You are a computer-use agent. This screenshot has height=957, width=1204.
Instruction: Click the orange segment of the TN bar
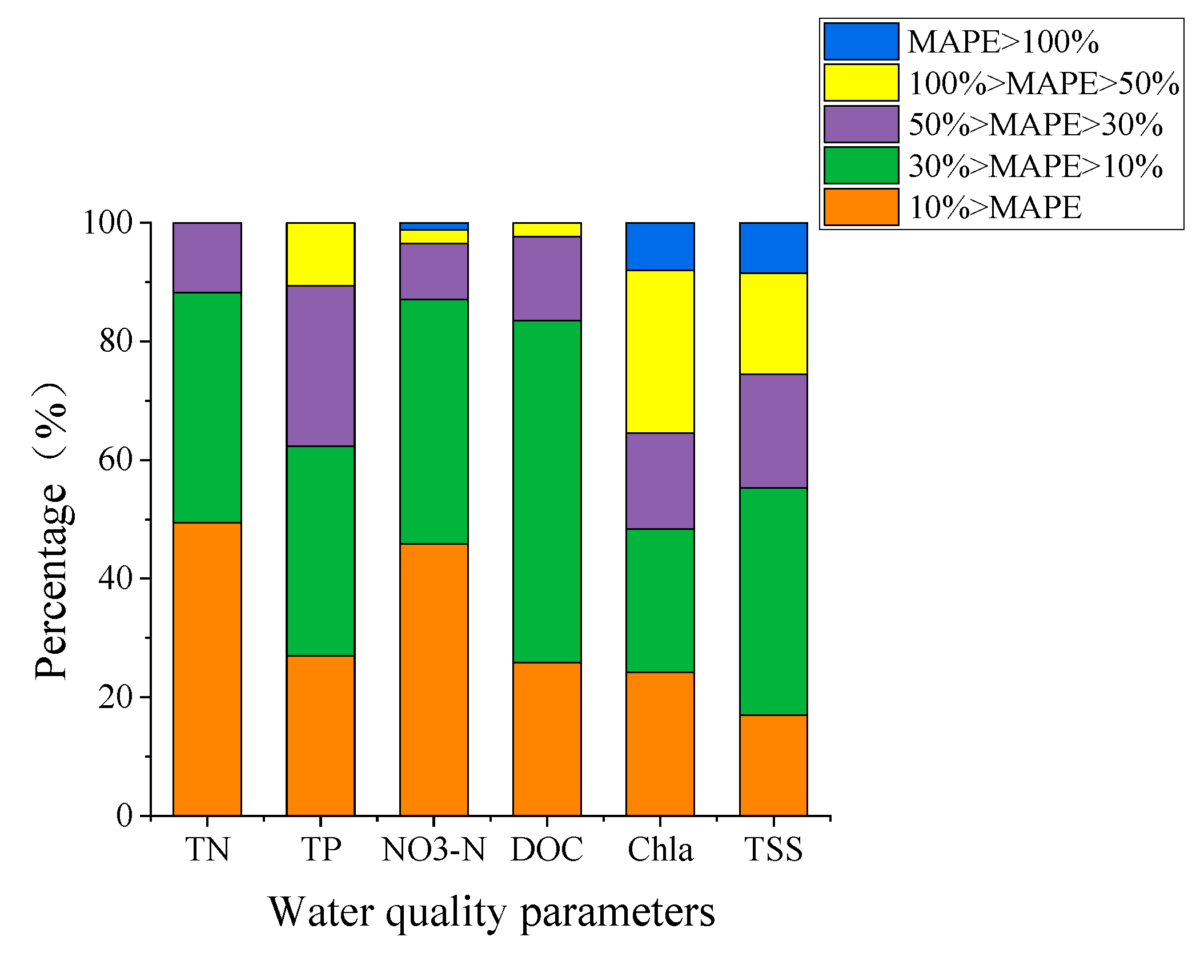tap(207, 669)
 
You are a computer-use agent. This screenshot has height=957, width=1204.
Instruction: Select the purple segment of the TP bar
tap(320, 365)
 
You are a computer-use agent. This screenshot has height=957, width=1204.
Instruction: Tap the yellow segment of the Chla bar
tap(660, 351)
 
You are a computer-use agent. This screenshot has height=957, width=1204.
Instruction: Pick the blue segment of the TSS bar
tap(773, 248)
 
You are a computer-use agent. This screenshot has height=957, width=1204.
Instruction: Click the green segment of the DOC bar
tap(547, 491)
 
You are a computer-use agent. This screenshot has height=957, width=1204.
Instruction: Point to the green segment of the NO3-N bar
tap(434, 421)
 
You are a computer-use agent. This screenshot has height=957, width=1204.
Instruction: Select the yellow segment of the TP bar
tap(320, 254)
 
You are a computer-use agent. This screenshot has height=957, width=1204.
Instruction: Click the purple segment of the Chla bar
tap(660, 481)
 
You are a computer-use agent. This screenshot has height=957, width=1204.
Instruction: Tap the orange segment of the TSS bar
tap(773, 765)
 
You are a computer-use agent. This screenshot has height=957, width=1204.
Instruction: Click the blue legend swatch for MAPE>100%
tap(861, 41)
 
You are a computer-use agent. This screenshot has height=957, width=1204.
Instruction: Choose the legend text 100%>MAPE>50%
tap(1043, 83)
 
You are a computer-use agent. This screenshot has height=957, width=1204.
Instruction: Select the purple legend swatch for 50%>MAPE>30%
tap(861, 124)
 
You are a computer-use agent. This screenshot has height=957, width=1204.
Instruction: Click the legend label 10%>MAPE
tap(994, 207)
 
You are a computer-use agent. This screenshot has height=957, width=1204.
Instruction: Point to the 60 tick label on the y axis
tap(115, 460)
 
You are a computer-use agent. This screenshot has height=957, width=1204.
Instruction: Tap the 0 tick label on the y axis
tap(124, 815)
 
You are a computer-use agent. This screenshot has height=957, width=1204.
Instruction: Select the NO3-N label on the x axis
tap(434, 850)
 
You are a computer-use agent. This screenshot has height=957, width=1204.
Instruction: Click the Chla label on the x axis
tap(660, 850)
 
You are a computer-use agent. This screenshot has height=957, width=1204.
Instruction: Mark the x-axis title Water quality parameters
tap(491, 912)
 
